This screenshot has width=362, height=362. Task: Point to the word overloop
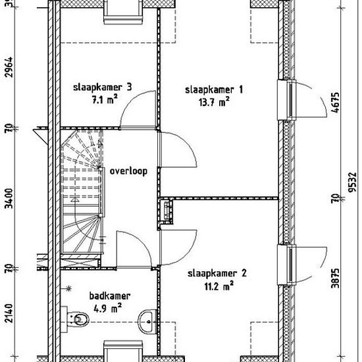128,170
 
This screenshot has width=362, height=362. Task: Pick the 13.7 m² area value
213,101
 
